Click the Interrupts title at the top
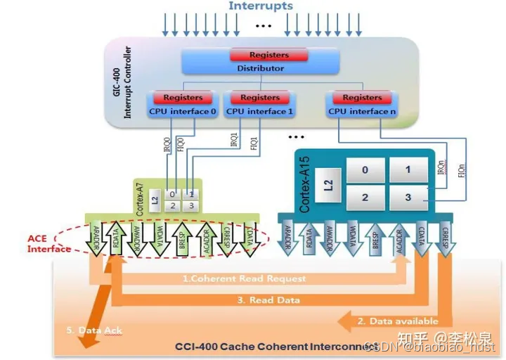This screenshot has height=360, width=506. tap(261, 6)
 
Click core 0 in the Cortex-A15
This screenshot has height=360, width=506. tap(365, 170)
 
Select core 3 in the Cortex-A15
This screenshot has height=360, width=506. tap(408, 198)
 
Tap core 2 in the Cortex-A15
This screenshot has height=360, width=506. tap(365, 198)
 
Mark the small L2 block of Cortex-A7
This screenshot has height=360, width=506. tap(155, 200)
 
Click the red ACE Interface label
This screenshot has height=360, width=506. tap(48, 243)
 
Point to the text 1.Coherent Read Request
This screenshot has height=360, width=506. tap(245, 278)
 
